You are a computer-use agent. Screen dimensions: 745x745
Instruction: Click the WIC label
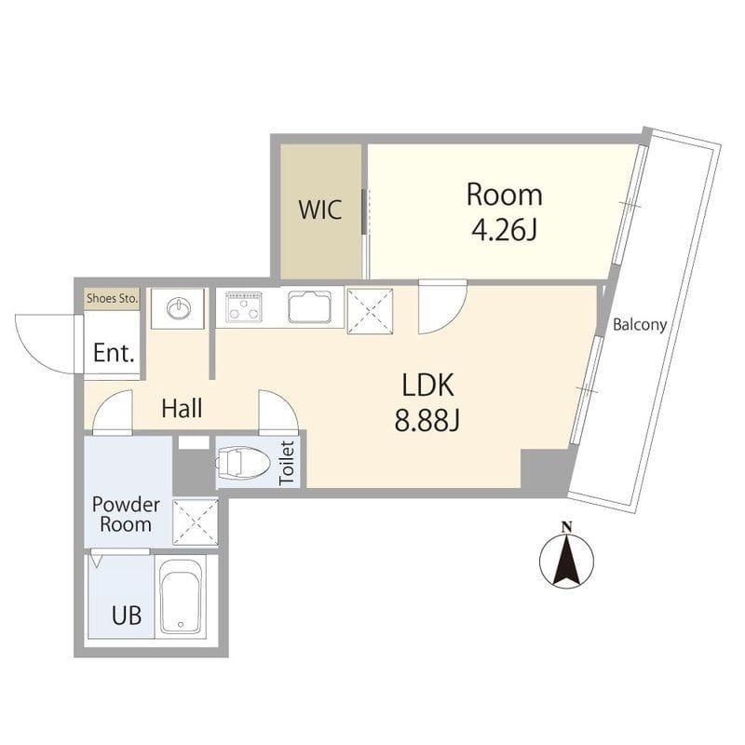coord(319,210)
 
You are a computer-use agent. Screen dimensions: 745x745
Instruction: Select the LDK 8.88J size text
coord(427,420)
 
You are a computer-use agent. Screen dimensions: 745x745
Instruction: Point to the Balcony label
coord(640,325)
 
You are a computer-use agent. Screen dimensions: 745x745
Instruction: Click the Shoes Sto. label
coord(113,298)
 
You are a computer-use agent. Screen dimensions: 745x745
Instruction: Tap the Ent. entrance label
coord(114,353)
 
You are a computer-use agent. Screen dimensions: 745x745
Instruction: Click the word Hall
coord(182,409)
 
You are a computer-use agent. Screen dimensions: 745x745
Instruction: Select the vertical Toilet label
coord(287,463)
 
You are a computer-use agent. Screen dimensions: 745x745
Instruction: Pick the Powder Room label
coord(126,514)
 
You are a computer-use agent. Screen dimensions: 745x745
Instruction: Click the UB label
coord(127,616)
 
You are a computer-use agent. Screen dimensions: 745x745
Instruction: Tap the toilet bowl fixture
coord(243,462)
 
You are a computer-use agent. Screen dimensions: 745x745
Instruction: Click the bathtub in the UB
coord(180,596)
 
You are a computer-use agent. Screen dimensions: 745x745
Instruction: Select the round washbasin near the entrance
coord(179,308)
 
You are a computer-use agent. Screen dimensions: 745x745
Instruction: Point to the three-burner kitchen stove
coord(244,307)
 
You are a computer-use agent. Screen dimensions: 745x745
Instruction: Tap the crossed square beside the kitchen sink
coord(370,311)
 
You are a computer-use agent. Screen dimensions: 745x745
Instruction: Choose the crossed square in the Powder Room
coord(196,522)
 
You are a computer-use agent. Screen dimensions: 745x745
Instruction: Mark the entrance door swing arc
coord(45,344)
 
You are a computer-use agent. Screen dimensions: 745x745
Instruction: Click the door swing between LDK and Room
coord(442,307)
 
